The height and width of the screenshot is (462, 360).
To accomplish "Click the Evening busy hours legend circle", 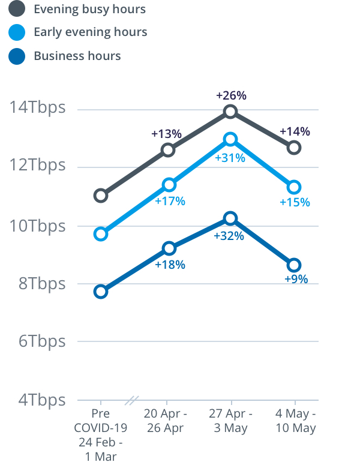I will (x=17, y=9).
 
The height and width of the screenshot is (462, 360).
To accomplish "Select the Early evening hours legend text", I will (x=90, y=32).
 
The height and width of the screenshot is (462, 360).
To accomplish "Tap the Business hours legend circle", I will (x=17, y=56).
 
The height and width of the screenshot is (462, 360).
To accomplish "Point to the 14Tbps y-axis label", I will (x=37, y=109).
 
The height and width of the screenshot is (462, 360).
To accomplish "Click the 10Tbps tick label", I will (x=37, y=226).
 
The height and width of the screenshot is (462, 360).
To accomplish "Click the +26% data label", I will (x=231, y=95).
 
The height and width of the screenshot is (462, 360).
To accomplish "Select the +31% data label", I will (x=230, y=158).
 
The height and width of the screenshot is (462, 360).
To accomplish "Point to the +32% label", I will (x=229, y=236).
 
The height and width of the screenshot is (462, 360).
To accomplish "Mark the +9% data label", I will (x=296, y=279).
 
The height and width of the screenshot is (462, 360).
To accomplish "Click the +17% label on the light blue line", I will (x=170, y=201).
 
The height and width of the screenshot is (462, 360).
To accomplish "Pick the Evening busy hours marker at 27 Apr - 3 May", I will (x=230, y=111).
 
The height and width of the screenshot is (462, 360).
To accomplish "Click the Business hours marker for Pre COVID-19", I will (x=101, y=292).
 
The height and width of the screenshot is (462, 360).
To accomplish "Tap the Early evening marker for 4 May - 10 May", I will (x=294, y=188).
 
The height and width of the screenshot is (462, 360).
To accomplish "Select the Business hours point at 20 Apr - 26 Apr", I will (x=169, y=248).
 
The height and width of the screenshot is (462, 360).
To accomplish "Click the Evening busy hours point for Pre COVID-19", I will (x=101, y=195).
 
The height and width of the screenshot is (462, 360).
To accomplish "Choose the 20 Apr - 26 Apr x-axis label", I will (x=166, y=421).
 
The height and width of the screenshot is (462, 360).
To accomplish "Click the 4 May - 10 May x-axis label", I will (x=295, y=421).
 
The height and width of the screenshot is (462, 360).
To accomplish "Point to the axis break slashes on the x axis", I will (x=131, y=400).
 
